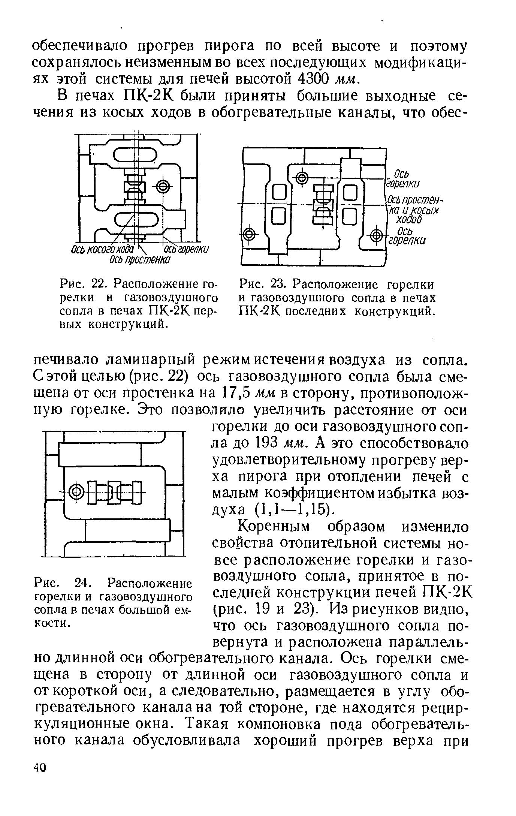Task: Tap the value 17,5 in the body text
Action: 237,394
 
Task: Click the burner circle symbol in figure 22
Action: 163,186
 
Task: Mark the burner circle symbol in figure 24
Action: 76,491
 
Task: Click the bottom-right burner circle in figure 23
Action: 377,235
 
